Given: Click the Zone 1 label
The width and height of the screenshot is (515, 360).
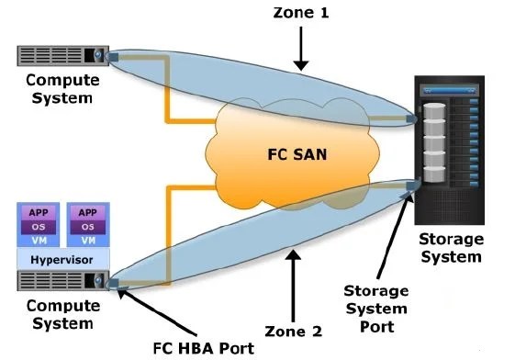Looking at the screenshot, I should coord(301,14).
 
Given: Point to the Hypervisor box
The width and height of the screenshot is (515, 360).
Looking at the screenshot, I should coord(62,260).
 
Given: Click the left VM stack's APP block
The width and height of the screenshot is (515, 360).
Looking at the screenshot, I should coord(39,211).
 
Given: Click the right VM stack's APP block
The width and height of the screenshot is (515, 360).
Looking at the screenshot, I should coord(86,211).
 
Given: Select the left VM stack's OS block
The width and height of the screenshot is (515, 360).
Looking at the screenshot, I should coord(39,226).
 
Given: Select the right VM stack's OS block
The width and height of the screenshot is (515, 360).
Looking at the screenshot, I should coord(86,226).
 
